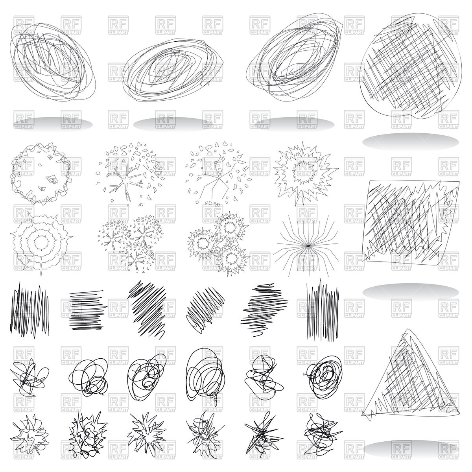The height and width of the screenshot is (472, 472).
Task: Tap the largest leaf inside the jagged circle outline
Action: point(52,179)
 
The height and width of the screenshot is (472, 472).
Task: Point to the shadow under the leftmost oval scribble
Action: point(53,124)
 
